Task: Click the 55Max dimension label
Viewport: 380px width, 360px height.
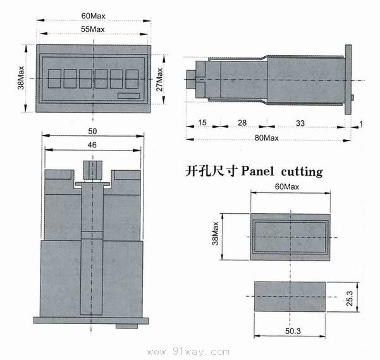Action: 92,29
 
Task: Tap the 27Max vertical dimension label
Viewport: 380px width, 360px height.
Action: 159,80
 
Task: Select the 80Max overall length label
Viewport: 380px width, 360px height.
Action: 266,138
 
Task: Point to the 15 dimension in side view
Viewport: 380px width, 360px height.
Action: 202,122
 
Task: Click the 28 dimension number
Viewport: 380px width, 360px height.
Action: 242,123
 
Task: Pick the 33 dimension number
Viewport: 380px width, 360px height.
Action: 300,123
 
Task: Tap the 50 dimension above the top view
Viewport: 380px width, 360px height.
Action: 92,131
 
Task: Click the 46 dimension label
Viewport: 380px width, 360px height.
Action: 92,145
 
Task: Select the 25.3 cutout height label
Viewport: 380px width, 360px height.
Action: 350,298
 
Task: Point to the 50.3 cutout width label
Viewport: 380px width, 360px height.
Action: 293,331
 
